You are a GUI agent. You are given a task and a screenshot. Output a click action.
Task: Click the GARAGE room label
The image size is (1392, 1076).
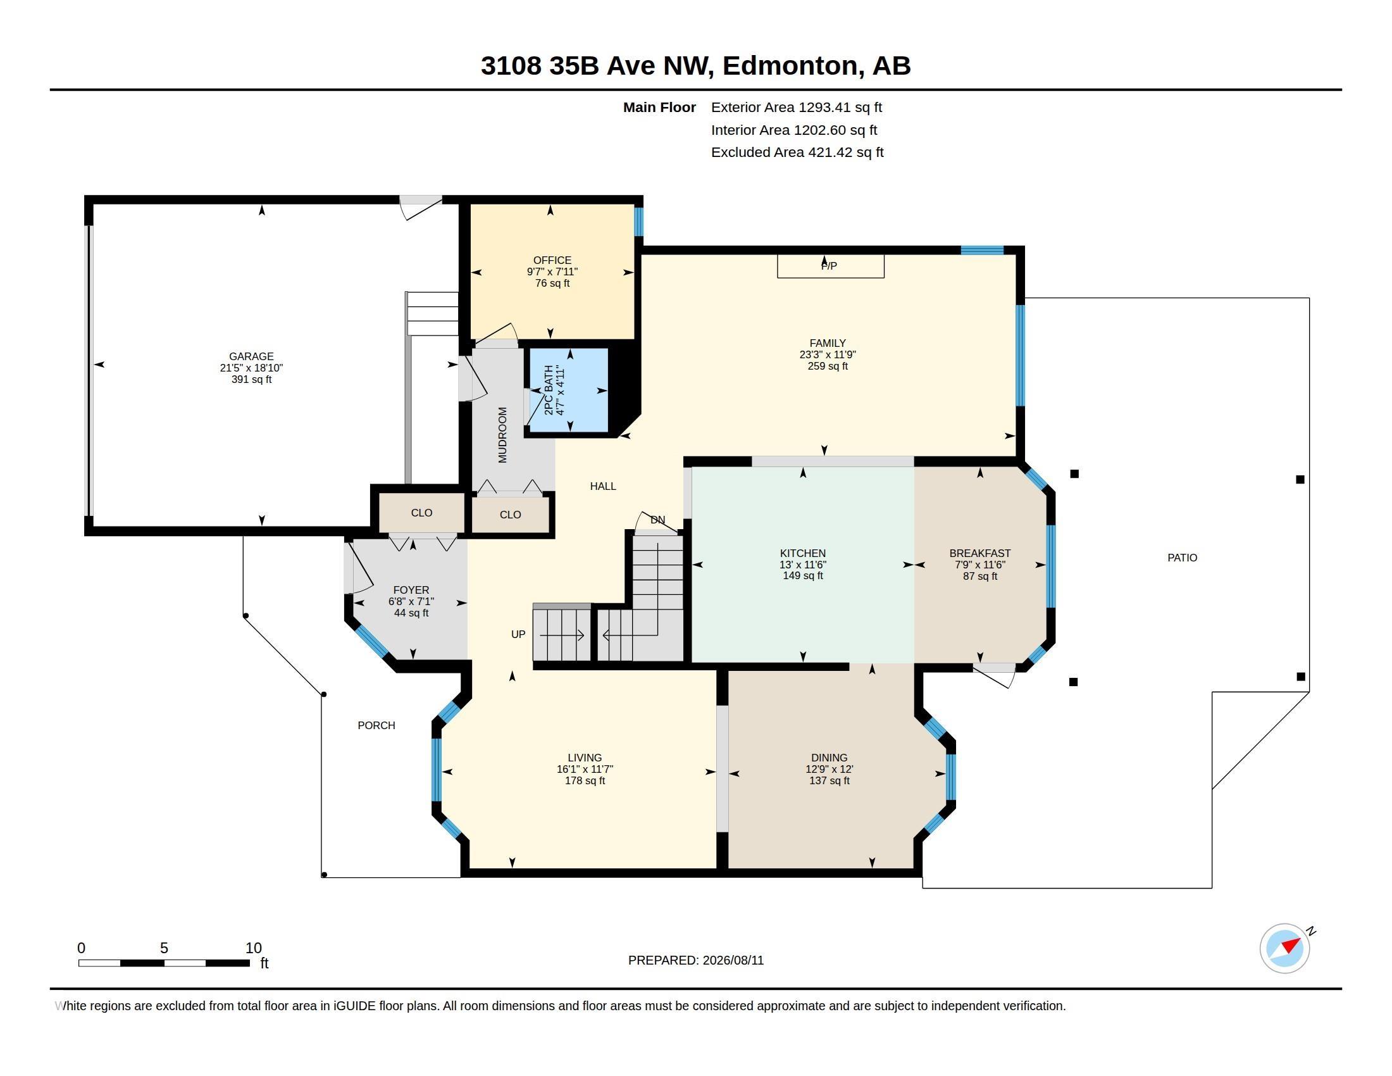(251, 356)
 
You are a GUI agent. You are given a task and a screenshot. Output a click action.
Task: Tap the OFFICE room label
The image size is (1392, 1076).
(552, 260)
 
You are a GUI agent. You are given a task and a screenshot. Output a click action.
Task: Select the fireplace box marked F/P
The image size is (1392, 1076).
(830, 266)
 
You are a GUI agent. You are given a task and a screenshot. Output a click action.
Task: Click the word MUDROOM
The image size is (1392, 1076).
(502, 435)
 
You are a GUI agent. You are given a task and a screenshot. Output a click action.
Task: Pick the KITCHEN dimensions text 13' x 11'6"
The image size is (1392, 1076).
(802, 565)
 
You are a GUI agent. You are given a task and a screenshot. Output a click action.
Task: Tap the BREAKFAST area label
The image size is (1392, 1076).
(979, 553)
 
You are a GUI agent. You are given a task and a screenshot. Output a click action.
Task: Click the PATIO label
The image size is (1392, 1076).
(1182, 558)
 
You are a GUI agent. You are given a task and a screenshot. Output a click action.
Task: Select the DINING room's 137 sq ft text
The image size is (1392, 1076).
(830, 780)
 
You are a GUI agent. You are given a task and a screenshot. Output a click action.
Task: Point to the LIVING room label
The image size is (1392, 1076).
(585, 758)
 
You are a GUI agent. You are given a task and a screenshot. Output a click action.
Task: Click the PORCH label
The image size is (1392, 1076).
(376, 725)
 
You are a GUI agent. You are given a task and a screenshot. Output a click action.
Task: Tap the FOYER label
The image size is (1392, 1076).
(411, 590)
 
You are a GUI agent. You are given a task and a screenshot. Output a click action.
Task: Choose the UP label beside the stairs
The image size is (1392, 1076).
(518, 634)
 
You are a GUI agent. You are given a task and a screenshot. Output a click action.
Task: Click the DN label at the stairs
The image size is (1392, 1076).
(658, 520)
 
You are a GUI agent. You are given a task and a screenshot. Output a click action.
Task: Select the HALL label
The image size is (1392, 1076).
(602, 486)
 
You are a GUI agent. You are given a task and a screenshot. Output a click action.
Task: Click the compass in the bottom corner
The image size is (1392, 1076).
(1284, 948)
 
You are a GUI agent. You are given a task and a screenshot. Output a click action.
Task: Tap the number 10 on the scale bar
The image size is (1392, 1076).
(254, 948)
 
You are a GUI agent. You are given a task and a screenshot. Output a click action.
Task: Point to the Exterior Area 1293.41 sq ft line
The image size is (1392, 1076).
(796, 107)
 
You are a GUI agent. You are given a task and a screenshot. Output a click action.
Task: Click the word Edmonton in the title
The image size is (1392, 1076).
(790, 66)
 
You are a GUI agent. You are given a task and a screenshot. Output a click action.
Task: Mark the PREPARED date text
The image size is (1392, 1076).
(695, 960)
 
